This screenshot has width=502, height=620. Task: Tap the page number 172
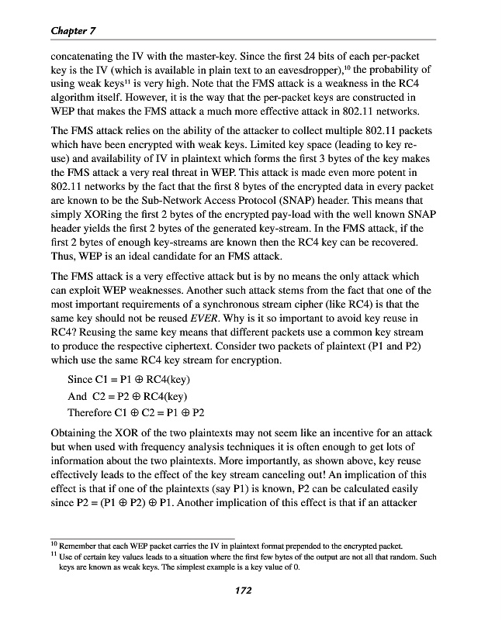pos(244,591)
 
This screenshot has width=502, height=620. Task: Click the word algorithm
pos(77,99)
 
